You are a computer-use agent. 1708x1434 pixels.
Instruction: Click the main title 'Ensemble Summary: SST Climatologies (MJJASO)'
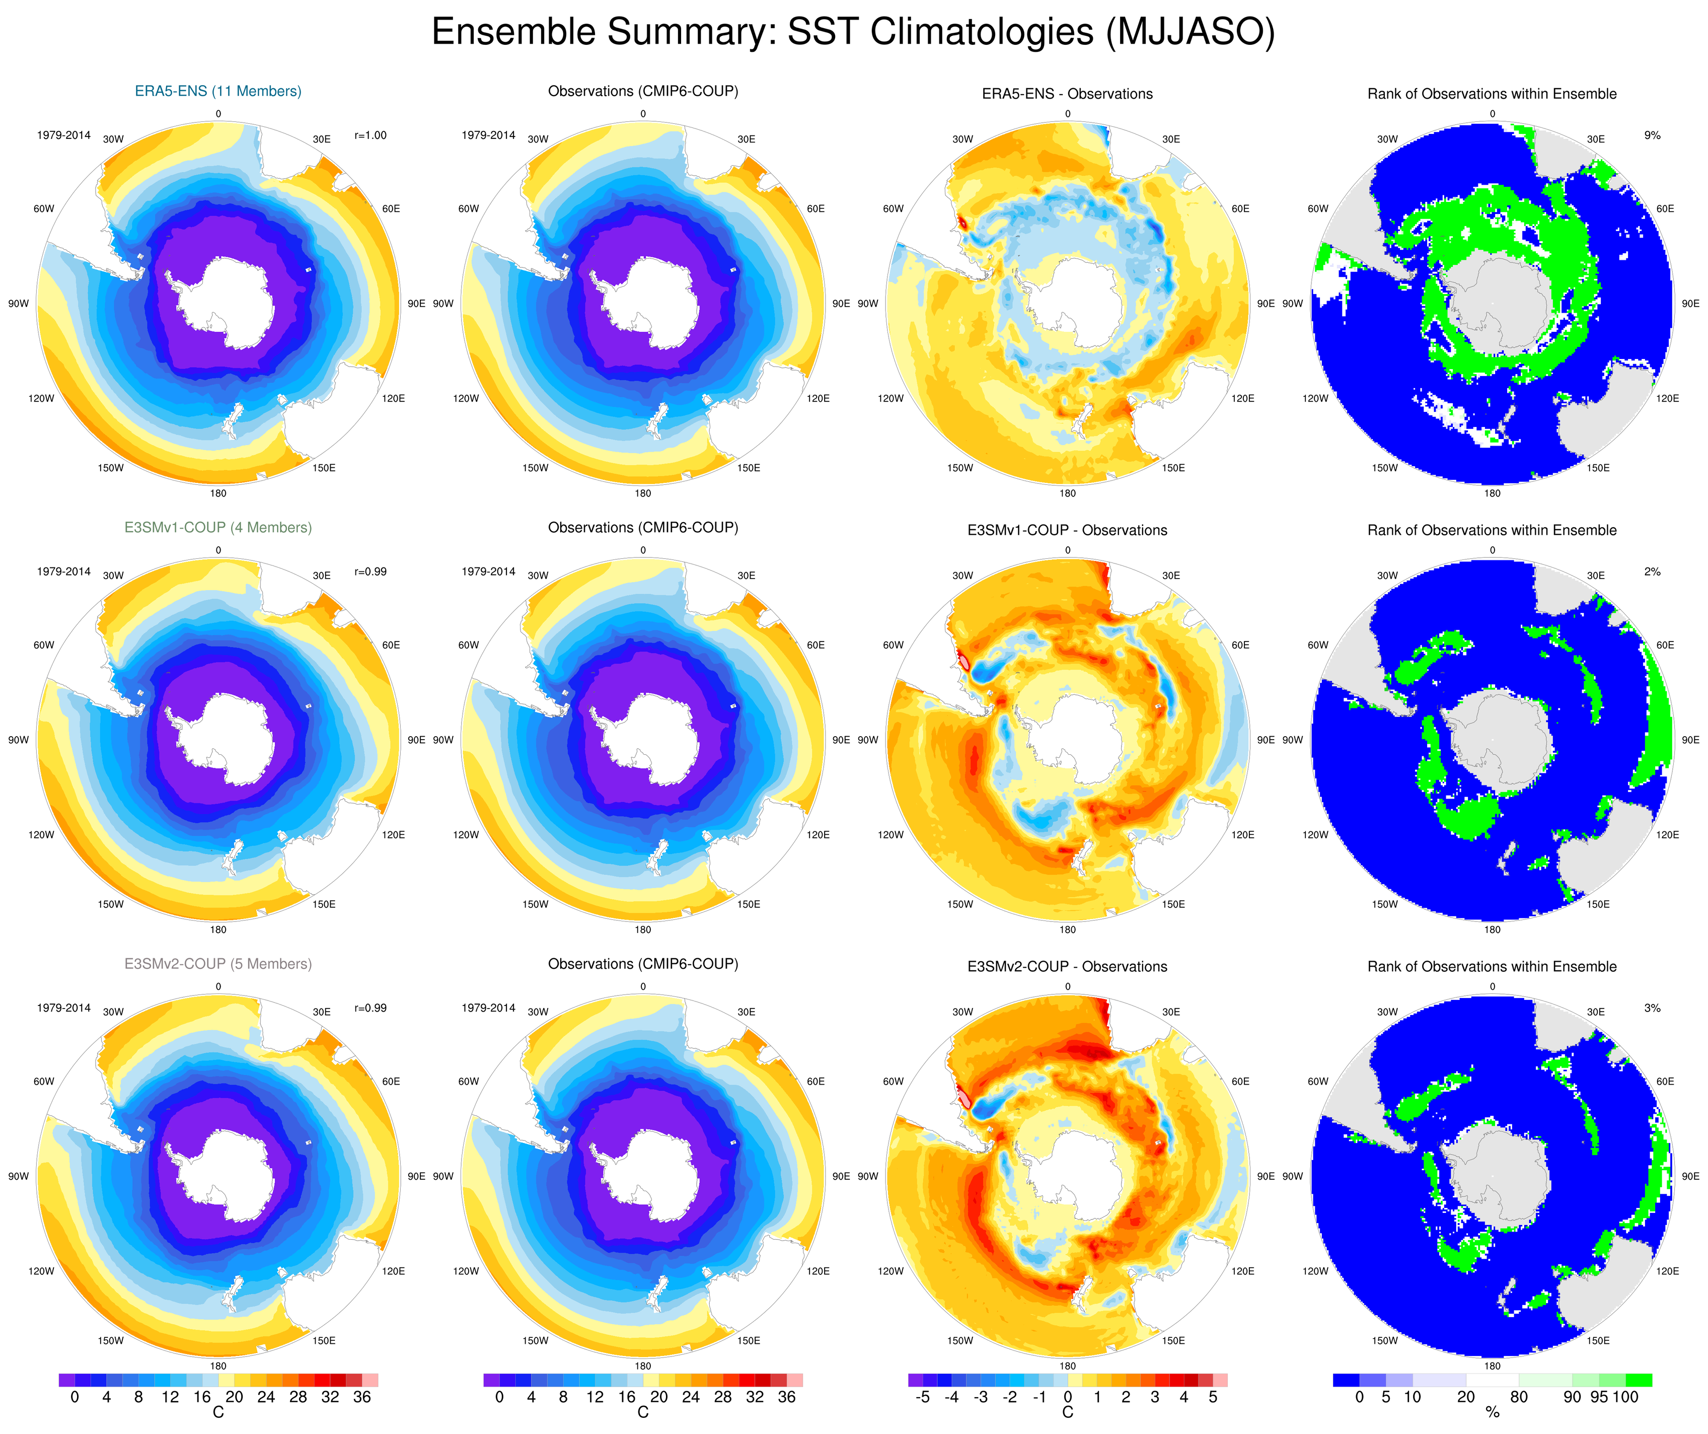point(852,33)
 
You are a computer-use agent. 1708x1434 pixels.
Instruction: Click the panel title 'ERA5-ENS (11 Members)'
point(218,91)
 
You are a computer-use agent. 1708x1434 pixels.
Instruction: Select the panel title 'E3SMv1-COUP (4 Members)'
point(218,527)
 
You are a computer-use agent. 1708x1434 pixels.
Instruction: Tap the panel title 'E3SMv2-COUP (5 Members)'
point(218,964)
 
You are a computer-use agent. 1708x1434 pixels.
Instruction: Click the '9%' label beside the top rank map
point(1652,135)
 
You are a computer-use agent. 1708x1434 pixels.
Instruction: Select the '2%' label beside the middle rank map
point(1652,572)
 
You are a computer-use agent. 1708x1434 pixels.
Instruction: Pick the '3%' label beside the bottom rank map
point(1652,1008)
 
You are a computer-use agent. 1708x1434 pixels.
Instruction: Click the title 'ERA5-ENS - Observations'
point(1067,94)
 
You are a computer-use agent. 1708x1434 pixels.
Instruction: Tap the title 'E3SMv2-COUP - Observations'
point(1067,966)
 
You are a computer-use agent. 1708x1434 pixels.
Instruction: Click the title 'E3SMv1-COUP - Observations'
point(1067,530)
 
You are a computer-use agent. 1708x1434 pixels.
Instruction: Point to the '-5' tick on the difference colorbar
point(922,1397)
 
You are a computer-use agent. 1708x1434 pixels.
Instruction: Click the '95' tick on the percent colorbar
point(1599,1397)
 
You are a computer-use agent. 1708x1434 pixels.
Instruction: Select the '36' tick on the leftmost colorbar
point(362,1397)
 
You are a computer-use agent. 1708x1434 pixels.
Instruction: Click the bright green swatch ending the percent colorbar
point(1639,1380)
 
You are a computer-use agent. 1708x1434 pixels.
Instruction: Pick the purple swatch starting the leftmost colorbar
point(66,1380)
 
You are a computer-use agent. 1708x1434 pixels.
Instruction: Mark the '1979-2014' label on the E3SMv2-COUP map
point(63,1008)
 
